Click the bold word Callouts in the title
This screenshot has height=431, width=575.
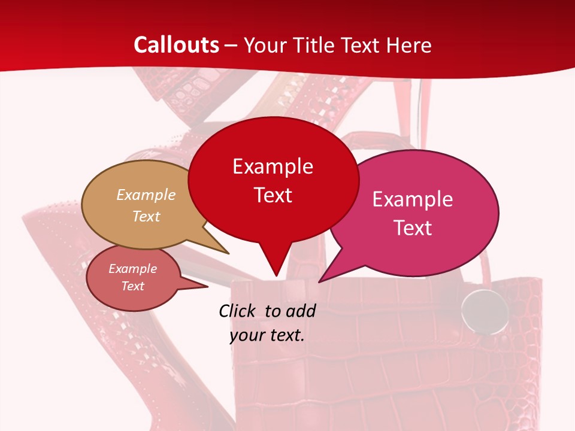pos(177,45)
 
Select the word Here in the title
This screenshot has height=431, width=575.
pos(410,45)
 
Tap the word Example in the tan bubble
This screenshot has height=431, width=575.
pos(146,195)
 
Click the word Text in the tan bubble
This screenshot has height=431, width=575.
pos(146,216)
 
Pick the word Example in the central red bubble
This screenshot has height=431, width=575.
pos(273,166)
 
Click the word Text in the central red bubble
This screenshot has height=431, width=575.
pos(273,195)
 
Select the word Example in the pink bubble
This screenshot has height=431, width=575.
pos(413,199)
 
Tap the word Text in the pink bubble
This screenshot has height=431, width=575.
pos(413,228)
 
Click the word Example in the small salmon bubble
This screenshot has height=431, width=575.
pos(133,269)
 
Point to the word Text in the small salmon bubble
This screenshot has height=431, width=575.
pos(133,286)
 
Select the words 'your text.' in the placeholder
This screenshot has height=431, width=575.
pos(267,335)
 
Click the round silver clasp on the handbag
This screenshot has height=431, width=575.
pos(485,311)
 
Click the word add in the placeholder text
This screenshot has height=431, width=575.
pos(300,311)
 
